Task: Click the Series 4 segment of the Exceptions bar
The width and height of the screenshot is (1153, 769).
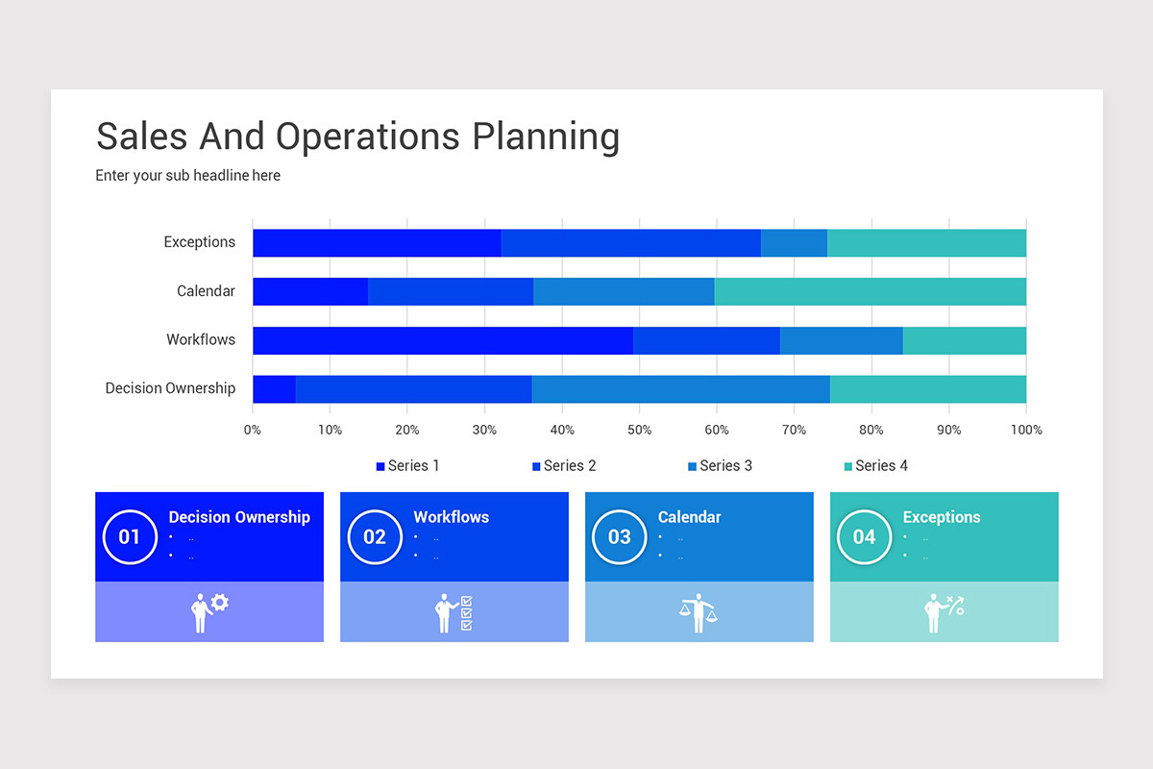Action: [x=926, y=243]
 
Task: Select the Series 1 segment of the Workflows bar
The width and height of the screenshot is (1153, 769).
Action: [x=443, y=340]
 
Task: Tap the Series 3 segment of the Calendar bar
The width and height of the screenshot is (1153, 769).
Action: [x=624, y=291]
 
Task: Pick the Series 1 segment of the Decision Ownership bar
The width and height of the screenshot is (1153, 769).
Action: [x=275, y=389]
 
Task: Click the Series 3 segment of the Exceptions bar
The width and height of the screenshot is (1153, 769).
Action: [x=795, y=243]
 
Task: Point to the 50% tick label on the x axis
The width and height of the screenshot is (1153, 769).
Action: [x=639, y=430]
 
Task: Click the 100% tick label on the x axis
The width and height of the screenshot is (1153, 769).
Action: [x=1026, y=430]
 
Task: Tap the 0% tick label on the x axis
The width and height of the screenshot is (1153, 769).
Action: [x=252, y=430]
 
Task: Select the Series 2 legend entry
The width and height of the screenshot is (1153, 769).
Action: [x=564, y=465]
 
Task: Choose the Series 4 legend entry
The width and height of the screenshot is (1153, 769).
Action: [x=876, y=465]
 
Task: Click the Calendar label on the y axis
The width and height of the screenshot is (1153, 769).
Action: [x=206, y=291]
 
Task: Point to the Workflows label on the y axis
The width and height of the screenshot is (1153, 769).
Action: [x=201, y=339]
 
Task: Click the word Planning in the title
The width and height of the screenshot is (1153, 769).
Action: [x=546, y=137]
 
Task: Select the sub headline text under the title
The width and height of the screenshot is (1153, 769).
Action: [x=188, y=175]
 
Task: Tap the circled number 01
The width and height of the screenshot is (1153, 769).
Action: [x=130, y=537]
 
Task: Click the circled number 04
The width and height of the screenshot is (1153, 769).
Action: [x=864, y=537]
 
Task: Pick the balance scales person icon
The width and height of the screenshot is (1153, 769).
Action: [x=698, y=613]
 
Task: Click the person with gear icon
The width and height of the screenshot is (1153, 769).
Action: [x=209, y=613]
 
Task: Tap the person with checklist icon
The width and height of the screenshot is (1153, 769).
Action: [x=454, y=613]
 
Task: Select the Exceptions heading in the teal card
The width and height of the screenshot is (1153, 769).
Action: [x=942, y=517]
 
